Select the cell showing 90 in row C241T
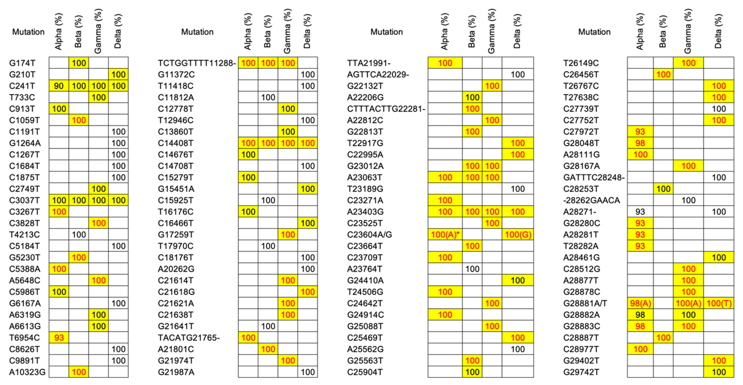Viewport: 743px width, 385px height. (x=59, y=86)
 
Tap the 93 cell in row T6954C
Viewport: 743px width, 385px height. (x=59, y=338)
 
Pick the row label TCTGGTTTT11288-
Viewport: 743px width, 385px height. (x=197, y=63)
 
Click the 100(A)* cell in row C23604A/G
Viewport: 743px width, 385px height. (x=445, y=235)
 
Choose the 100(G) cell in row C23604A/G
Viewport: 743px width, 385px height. (x=518, y=235)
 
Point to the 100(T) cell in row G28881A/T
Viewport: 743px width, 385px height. (x=719, y=303)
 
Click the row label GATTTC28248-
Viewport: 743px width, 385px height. (x=594, y=178)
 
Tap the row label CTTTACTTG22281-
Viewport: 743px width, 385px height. (x=386, y=109)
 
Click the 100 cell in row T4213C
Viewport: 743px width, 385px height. (x=79, y=235)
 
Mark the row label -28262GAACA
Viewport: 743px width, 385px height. (x=591, y=200)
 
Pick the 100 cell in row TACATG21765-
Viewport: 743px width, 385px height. (x=248, y=338)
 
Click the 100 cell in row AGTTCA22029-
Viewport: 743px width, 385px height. (x=518, y=75)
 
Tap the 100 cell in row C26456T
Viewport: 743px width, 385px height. (x=663, y=75)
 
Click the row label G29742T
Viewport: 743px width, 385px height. (x=581, y=372)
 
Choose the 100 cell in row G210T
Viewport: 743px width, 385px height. (x=118, y=75)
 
